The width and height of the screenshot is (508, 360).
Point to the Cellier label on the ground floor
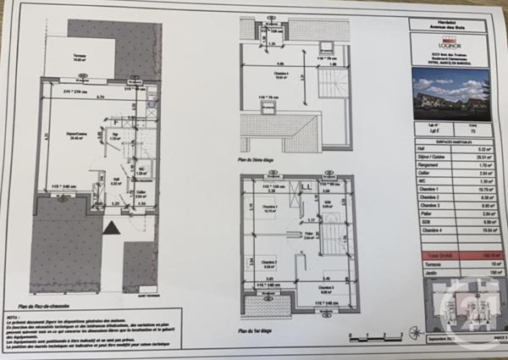click(x=141, y=194)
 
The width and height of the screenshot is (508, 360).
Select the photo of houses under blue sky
click(x=450, y=94)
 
